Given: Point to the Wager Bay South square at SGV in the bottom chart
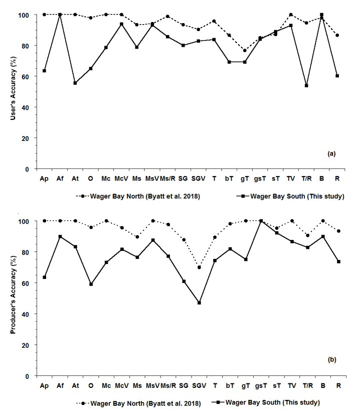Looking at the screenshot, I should tap(200, 303).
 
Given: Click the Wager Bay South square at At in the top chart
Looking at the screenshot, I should tap(75, 83).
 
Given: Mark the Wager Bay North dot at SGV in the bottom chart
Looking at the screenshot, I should tap(200, 267).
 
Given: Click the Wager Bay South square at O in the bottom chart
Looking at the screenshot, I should tap(91, 284).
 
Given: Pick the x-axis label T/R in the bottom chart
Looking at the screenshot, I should tap(306, 386).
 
